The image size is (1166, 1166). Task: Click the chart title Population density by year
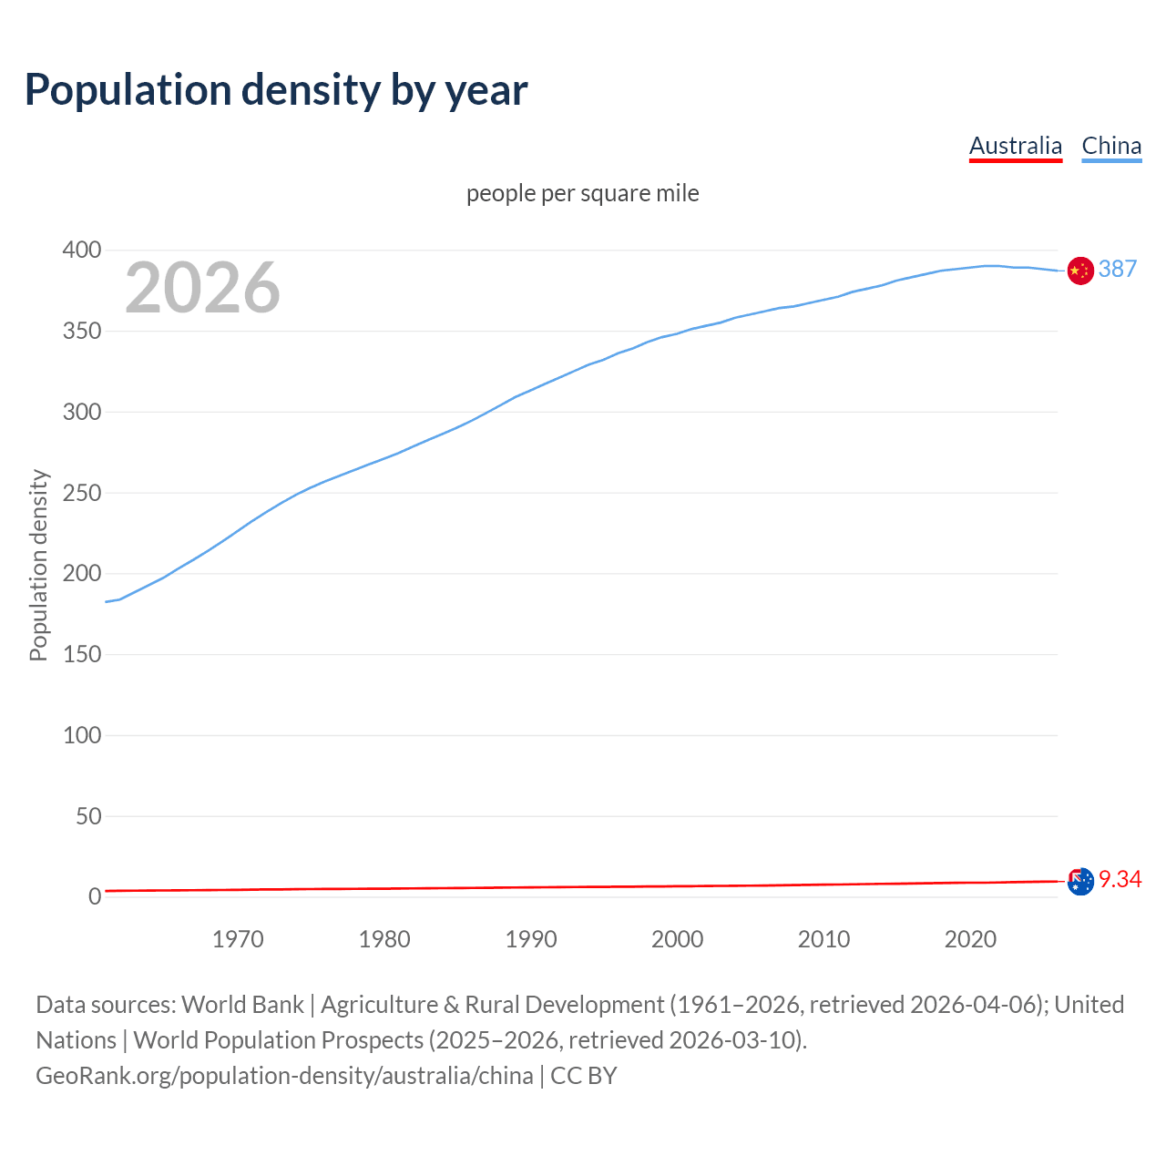pyautogui.click(x=276, y=90)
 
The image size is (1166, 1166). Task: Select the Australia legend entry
pyautogui.click(x=1015, y=146)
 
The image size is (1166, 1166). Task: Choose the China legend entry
pyautogui.click(x=1111, y=146)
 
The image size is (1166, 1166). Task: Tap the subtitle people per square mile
pyautogui.click(x=582, y=194)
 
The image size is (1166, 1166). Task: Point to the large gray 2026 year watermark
pyautogui.click(x=202, y=288)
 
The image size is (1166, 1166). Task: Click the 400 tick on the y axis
pyautogui.click(x=82, y=250)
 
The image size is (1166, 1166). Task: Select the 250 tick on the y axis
pyautogui.click(x=82, y=493)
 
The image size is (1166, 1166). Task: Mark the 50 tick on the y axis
pyautogui.click(x=88, y=816)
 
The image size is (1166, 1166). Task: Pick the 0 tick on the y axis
pyautogui.click(x=95, y=897)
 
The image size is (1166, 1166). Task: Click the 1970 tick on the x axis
pyautogui.click(x=238, y=939)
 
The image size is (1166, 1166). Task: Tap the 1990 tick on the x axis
pyautogui.click(x=531, y=939)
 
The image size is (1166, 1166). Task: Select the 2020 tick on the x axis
pyautogui.click(x=970, y=939)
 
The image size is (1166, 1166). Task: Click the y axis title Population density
pyautogui.click(x=38, y=565)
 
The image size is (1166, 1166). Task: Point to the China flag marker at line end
pyautogui.click(x=1080, y=271)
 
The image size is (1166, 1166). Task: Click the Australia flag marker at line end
pyautogui.click(x=1080, y=881)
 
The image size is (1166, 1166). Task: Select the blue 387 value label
pyautogui.click(x=1118, y=270)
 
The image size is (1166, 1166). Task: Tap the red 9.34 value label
pyautogui.click(x=1120, y=879)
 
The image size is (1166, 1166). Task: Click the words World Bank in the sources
pyautogui.click(x=242, y=1005)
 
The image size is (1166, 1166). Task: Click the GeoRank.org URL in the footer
pyautogui.click(x=284, y=1076)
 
